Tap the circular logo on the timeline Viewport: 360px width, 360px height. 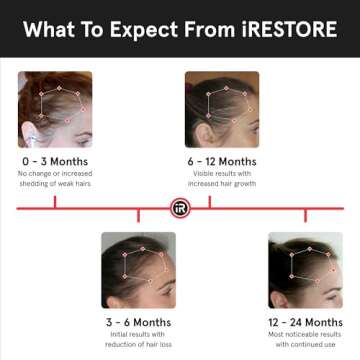click(x=181, y=208)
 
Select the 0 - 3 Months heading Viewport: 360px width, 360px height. click(x=55, y=161)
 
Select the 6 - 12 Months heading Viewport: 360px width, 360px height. click(x=222, y=161)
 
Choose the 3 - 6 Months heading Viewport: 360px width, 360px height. click(x=138, y=322)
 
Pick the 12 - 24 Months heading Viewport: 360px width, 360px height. click(x=305, y=322)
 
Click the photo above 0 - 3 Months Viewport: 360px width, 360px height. click(x=55, y=109)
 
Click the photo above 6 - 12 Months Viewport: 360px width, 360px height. click(x=222, y=109)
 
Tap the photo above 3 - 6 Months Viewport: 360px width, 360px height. click(x=138, y=270)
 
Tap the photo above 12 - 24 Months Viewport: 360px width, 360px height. click(x=305, y=270)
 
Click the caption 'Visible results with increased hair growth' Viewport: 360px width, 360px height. click(x=222, y=179)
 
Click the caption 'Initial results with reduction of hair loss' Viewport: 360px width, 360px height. click(x=138, y=340)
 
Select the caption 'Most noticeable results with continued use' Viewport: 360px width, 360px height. click(x=305, y=340)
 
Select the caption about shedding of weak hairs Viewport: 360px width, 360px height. click(x=55, y=179)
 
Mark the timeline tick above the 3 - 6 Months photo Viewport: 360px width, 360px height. click(x=138, y=215)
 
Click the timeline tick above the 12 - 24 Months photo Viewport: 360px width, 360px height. click(x=305, y=215)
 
